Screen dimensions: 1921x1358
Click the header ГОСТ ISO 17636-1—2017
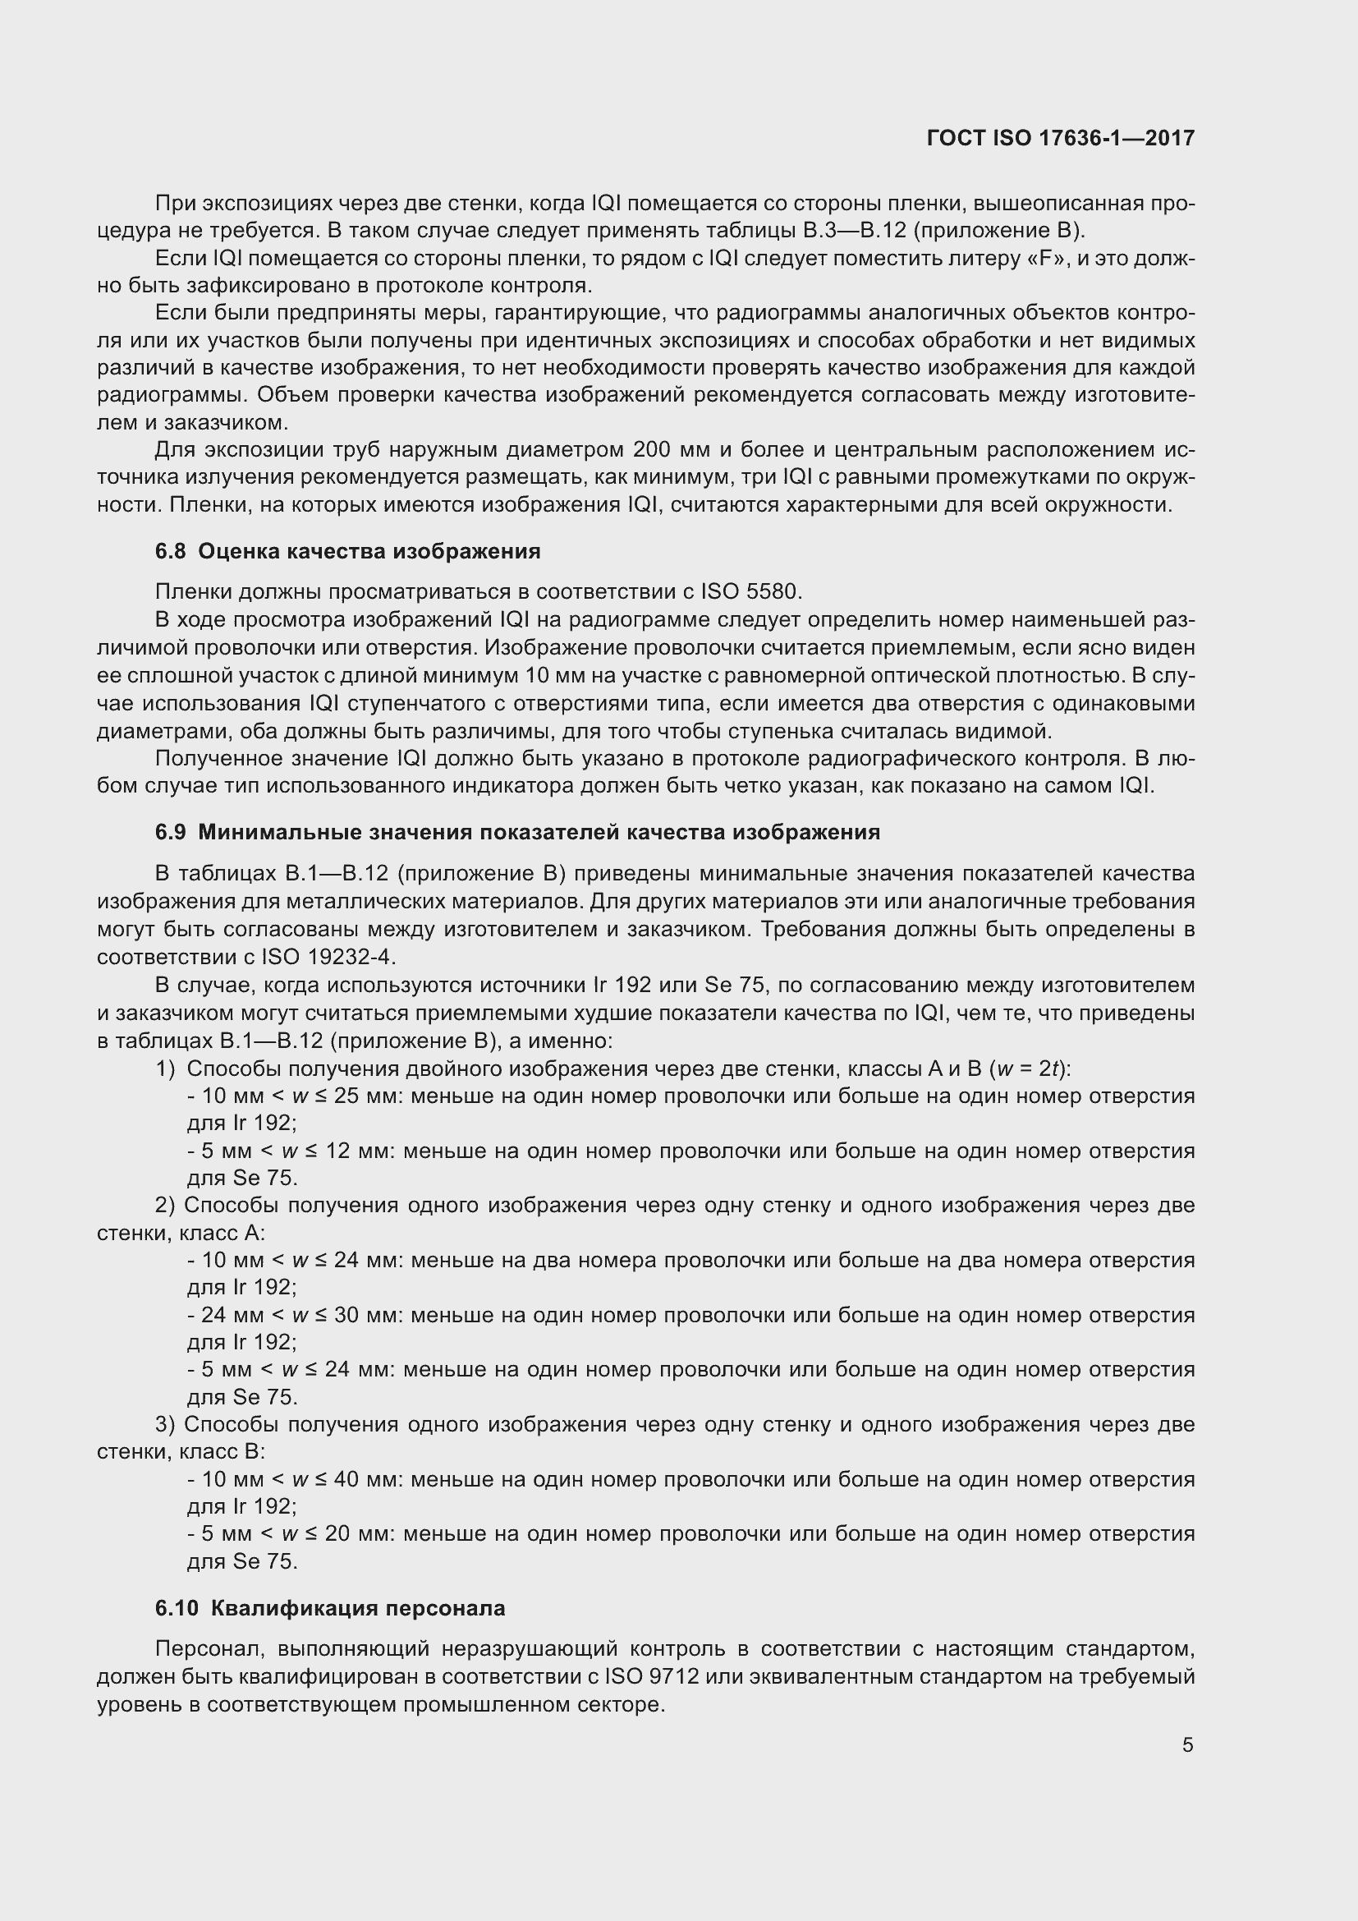point(1060,138)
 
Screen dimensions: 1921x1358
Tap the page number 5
point(1187,1745)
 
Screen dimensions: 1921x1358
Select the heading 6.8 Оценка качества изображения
point(348,551)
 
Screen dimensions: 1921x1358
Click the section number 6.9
point(170,833)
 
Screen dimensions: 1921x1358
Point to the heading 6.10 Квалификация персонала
point(330,1608)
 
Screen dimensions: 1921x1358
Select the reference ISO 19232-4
point(328,956)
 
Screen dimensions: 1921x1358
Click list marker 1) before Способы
point(166,1068)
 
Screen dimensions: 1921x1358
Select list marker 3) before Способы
point(166,1424)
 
